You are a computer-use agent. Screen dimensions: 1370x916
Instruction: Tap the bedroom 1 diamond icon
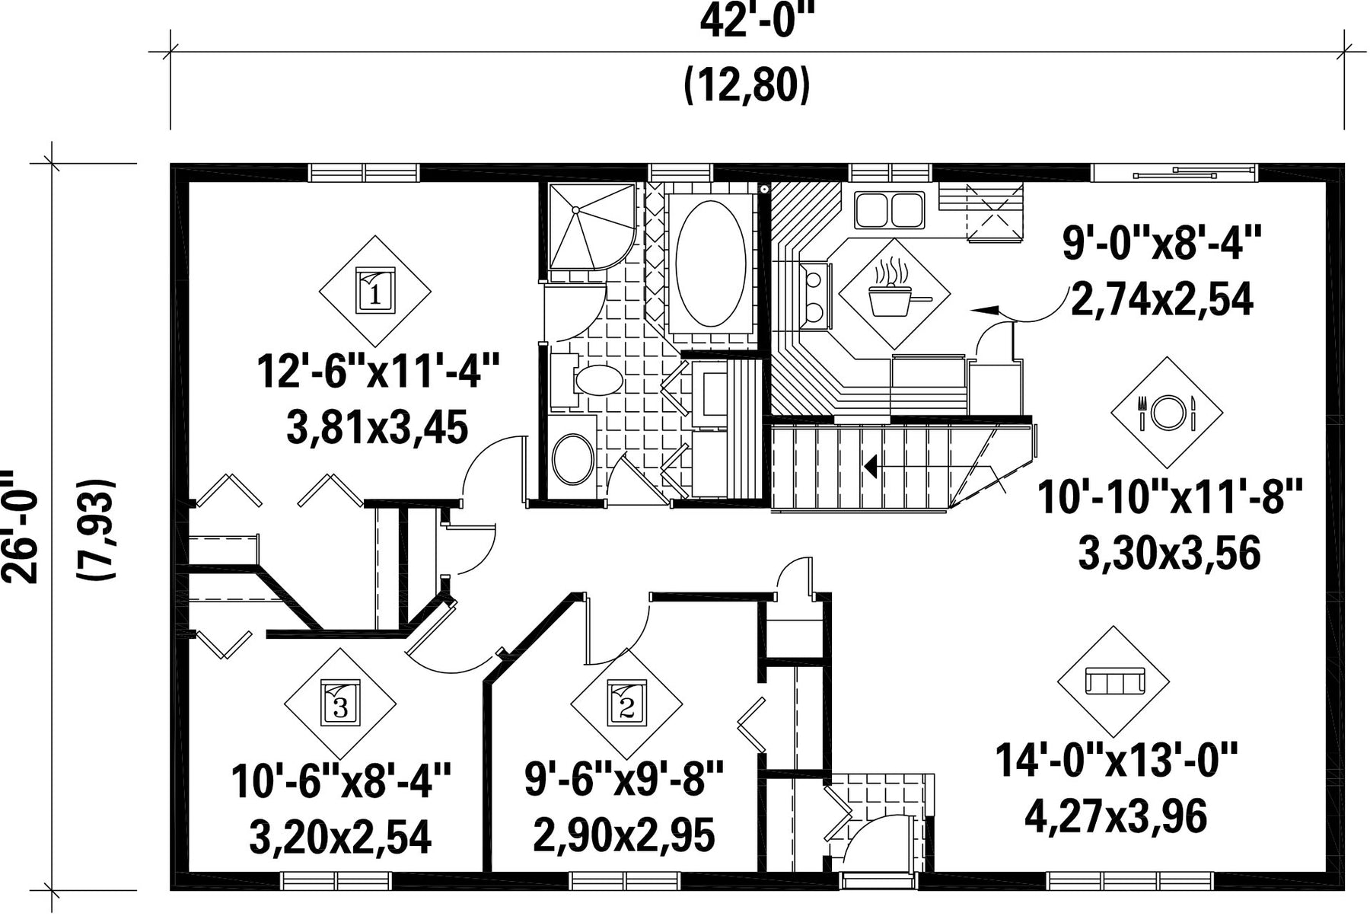[x=374, y=291]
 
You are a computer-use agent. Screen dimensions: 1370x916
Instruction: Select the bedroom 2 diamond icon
[x=626, y=704]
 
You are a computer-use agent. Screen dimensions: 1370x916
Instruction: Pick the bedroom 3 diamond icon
[x=340, y=704]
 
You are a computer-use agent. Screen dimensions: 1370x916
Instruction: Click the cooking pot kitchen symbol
[x=894, y=294]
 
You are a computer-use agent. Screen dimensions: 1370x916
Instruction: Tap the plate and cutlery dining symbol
[x=1167, y=412]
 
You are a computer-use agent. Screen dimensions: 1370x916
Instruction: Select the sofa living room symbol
[x=1114, y=681]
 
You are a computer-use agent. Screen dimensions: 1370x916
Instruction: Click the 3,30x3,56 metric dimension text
[x=1170, y=554]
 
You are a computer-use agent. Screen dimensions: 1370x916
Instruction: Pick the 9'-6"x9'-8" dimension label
[x=623, y=779]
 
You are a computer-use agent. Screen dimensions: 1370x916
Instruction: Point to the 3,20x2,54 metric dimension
[x=340, y=836]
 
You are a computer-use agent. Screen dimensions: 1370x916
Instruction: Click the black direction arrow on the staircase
[x=870, y=465]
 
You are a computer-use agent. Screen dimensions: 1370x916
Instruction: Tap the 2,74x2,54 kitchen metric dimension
[x=1162, y=299]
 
